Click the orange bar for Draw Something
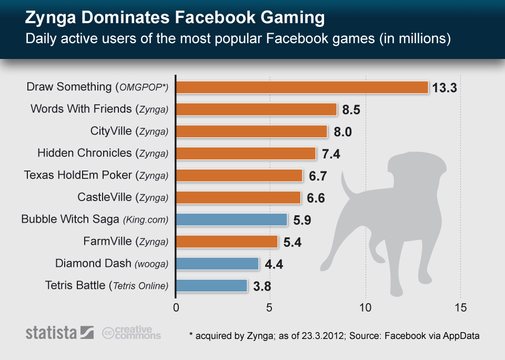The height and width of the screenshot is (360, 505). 302,87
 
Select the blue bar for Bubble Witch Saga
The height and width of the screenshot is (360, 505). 231,219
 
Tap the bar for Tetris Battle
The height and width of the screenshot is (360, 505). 211,286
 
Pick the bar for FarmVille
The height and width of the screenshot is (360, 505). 227,242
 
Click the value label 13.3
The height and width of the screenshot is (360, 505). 445,88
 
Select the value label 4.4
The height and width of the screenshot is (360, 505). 274,264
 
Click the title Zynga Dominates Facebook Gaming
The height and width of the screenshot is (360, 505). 175,18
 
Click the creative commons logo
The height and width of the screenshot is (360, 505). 132,333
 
